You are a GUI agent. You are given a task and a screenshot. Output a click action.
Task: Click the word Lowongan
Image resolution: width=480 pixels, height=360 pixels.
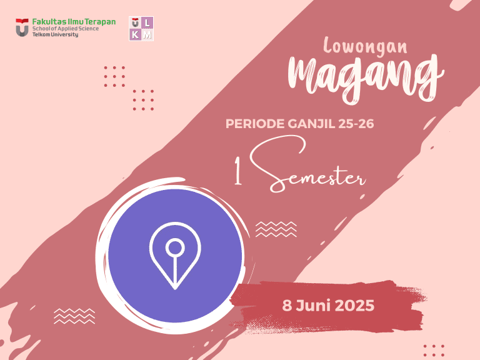(x=366, y=46)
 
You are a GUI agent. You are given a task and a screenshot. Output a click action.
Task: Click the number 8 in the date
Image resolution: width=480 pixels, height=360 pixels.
(x=287, y=306)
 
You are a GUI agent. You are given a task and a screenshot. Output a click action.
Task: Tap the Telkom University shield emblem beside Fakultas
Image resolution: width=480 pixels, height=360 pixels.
(x=22, y=27)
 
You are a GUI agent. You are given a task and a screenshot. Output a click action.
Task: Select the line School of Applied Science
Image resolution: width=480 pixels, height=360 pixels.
(x=66, y=29)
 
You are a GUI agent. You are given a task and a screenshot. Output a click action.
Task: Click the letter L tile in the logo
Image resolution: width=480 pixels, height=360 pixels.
(x=147, y=23)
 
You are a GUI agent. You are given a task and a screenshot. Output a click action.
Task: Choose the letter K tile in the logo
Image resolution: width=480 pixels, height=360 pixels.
(x=136, y=35)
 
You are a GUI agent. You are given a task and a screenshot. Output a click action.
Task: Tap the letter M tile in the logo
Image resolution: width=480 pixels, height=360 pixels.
(x=147, y=35)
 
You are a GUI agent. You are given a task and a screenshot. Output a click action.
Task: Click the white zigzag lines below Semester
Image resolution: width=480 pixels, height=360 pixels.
(x=276, y=229)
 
